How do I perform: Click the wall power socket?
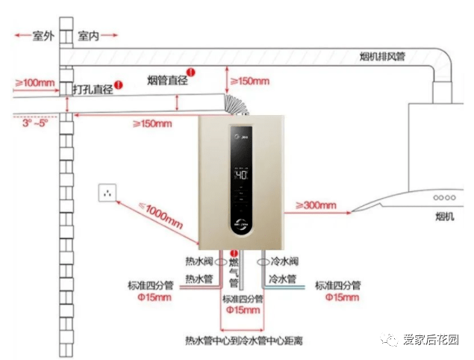pyautogui.click(x=109, y=192)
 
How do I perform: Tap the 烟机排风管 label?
pyautogui.click(x=382, y=56)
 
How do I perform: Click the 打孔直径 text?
pyautogui.click(x=93, y=89)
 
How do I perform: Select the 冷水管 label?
pyautogui.click(x=284, y=279)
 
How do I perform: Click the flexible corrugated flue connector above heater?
pyautogui.click(x=238, y=107)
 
